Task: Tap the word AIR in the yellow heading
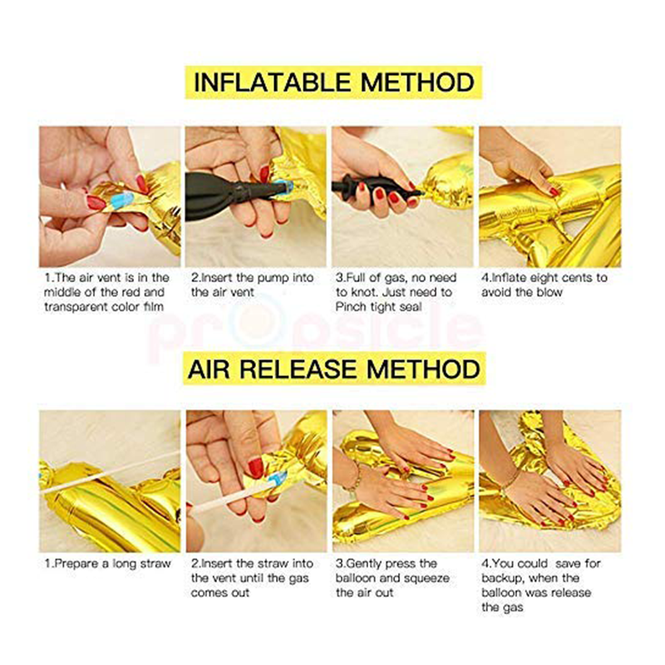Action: coord(209,369)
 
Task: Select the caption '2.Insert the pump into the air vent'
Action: coord(252,285)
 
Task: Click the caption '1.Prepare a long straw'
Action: coord(108,564)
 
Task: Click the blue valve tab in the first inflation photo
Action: coord(121,199)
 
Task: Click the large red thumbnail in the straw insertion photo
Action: coord(255,468)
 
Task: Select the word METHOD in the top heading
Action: coord(417,82)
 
